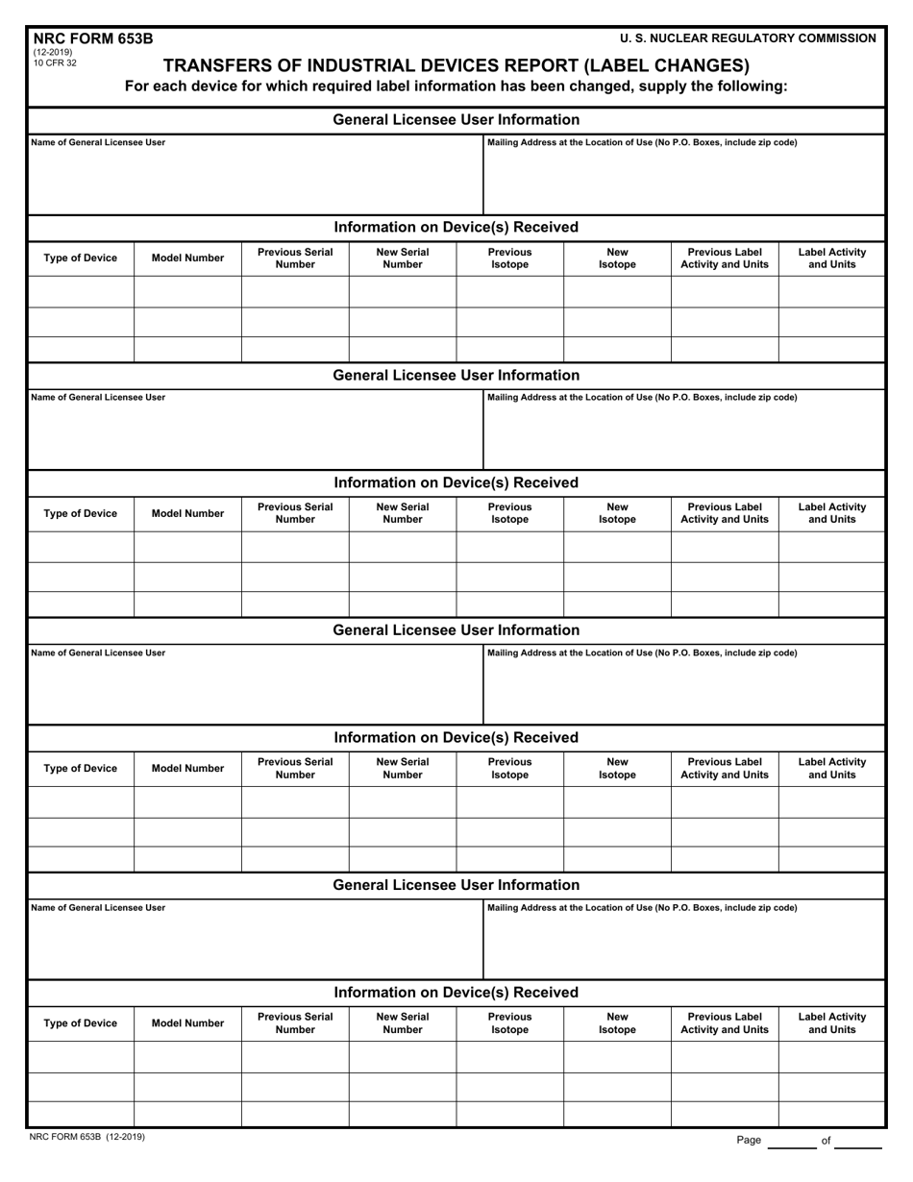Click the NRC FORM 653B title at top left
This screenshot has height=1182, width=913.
click(91, 39)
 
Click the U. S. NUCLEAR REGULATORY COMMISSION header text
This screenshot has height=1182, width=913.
click(748, 38)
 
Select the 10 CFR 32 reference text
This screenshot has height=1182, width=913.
click(55, 63)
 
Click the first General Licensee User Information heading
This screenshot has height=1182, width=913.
click(456, 120)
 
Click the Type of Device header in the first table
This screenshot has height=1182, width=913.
click(81, 258)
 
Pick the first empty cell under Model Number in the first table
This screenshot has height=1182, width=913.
click(187, 292)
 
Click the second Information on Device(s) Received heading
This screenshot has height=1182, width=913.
click(456, 482)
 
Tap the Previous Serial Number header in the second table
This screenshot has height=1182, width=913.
click(295, 513)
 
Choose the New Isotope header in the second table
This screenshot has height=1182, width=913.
click(617, 513)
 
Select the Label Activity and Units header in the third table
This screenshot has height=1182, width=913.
click(831, 768)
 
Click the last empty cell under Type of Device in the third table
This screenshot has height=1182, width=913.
click(81, 859)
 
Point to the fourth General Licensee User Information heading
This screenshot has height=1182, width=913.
click(456, 885)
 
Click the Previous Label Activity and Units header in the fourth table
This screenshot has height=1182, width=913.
click(724, 1022)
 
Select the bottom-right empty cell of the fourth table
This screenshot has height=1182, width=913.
click(831, 1114)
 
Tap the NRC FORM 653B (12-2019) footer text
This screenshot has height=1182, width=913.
click(87, 1137)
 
